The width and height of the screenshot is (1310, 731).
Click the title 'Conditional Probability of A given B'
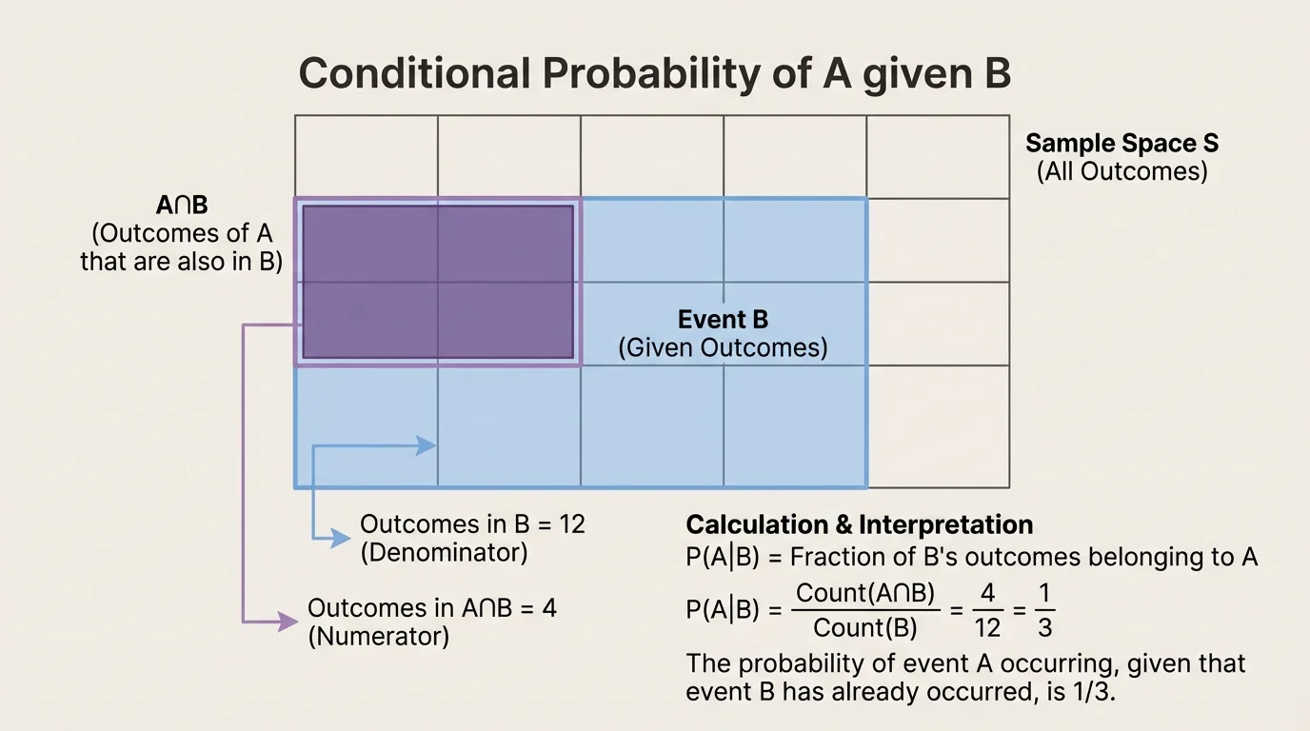coord(654,74)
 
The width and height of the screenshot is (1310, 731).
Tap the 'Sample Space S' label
coord(1121,144)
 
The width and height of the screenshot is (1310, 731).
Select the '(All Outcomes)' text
coord(1121,172)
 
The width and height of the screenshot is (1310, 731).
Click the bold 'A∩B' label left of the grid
coord(181,205)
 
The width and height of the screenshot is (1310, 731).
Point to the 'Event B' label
coord(723,320)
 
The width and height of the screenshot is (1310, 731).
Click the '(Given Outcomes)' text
coord(723,348)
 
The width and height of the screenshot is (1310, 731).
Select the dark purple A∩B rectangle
coord(438,282)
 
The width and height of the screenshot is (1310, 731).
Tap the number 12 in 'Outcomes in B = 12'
coord(572,524)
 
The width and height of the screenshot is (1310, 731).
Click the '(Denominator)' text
coord(444,552)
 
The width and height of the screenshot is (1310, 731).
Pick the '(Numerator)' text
coord(378,637)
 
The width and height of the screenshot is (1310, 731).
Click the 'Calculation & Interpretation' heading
coord(859,525)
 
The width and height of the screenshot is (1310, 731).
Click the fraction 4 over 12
coord(987,610)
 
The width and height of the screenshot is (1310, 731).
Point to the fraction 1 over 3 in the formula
coord(1043,610)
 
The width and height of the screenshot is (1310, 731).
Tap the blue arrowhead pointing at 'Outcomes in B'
coord(341,539)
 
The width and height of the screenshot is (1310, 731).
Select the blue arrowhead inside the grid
coord(427,445)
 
